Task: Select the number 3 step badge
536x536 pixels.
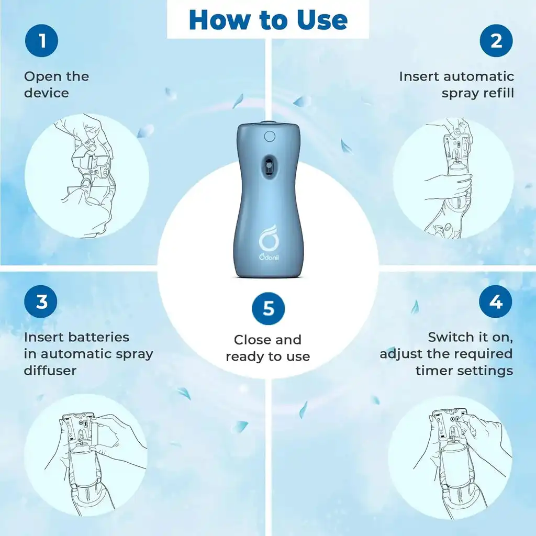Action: (41, 302)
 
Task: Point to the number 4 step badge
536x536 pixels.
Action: (496, 302)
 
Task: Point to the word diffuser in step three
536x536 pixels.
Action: (50, 370)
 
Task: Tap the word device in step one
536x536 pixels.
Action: (46, 93)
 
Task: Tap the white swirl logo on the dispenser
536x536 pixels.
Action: (269, 239)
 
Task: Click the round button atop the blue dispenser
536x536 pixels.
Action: (270, 137)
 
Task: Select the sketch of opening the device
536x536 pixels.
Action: (87, 175)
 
